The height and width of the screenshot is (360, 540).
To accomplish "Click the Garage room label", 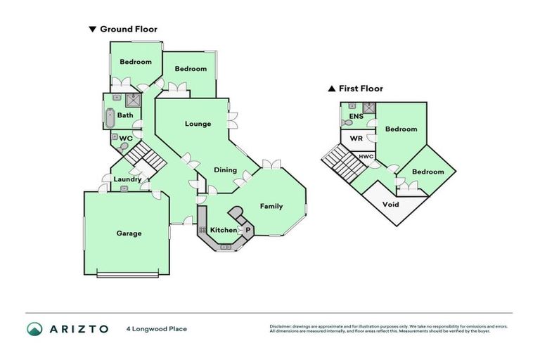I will point(129,233).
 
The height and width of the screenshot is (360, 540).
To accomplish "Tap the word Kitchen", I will point(224,230).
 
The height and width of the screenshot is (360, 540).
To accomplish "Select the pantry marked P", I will point(247,230).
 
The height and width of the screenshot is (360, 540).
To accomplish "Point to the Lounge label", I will point(198,124).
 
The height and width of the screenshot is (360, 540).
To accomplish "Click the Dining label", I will point(225,169).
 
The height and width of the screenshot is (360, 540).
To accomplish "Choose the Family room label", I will point(271,206).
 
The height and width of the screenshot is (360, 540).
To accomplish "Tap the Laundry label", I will point(127,179).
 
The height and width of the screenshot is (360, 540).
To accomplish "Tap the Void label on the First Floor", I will point(390,205).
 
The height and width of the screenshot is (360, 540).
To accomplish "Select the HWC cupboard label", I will point(366,156).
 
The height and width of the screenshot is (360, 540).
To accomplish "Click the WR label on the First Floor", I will point(356,139).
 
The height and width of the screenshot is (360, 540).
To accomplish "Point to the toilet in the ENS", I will point(346,122).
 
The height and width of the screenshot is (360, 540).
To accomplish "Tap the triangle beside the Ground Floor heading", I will point(91,30).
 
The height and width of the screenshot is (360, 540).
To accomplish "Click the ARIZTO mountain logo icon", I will point(35,328).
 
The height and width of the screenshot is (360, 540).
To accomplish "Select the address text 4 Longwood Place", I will point(157,328).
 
